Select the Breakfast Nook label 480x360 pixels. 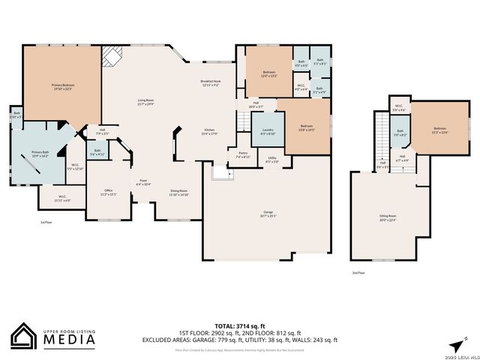210,83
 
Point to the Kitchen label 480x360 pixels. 209,132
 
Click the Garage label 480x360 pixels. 268,214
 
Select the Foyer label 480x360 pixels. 142,181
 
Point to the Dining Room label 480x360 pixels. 178,192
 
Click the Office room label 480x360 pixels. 108,191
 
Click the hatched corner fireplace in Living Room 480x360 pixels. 112,56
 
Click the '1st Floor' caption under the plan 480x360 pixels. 46,223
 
